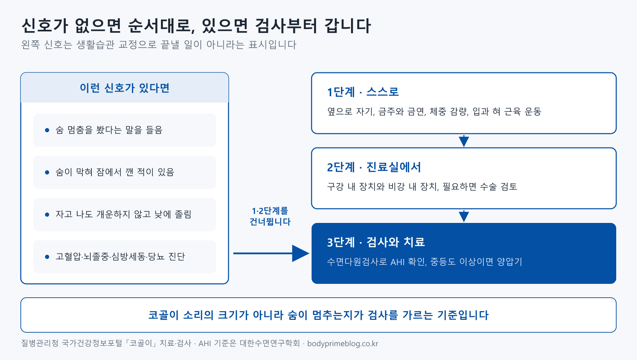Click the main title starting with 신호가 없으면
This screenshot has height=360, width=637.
(x=196, y=26)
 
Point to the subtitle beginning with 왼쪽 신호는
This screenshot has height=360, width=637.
(x=159, y=45)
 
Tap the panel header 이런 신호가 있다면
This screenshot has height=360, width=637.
(x=125, y=88)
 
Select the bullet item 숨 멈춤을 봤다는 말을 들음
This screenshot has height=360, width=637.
(x=109, y=130)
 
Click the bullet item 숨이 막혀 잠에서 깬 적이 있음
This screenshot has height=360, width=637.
(x=115, y=172)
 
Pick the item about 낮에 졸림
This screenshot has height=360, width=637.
(x=123, y=214)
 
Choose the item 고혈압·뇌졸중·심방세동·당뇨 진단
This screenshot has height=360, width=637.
(x=120, y=256)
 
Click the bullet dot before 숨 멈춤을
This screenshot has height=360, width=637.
(x=47, y=130)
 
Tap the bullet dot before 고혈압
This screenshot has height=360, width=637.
(x=47, y=257)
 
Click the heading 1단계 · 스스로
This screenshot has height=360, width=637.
(x=363, y=92)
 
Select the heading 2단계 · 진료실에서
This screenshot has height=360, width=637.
(x=374, y=167)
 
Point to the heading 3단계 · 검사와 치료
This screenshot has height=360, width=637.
(x=376, y=242)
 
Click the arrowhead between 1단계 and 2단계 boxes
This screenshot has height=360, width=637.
(x=464, y=141)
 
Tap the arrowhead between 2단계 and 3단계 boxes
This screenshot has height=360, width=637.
(x=464, y=216)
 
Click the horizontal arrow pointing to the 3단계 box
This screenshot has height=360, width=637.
(x=271, y=253)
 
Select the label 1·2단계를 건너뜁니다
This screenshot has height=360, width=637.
(x=270, y=216)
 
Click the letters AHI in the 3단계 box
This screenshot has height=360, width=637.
(x=397, y=262)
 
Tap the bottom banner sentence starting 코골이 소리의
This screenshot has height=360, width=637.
(x=318, y=315)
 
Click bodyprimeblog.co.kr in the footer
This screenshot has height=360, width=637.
(x=343, y=343)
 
